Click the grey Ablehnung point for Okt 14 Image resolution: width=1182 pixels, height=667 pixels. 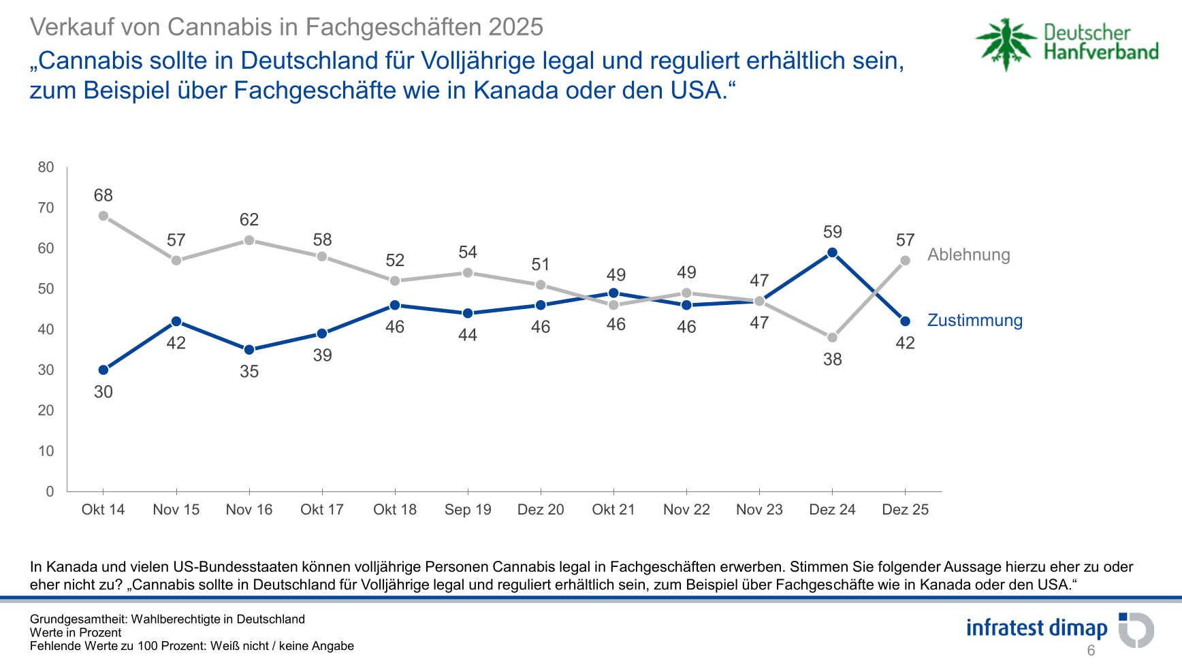point(103,216)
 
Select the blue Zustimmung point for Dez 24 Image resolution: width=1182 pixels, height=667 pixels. point(832,253)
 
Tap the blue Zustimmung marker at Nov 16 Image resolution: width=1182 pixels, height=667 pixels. point(249,350)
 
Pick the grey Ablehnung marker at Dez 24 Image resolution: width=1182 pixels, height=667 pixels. point(832,338)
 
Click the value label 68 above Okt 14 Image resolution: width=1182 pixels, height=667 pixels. point(103,195)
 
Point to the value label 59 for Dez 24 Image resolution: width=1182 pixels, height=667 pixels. point(832,232)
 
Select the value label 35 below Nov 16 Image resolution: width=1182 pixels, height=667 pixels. point(249,372)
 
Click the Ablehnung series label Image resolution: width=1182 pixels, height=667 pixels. point(968,255)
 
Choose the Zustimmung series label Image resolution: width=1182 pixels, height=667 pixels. point(974,321)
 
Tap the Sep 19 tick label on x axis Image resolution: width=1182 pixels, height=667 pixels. point(468,510)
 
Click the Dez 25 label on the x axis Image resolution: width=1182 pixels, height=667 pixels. point(905,510)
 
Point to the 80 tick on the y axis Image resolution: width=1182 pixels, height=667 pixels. point(46,167)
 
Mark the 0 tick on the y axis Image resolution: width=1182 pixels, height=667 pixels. point(50,491)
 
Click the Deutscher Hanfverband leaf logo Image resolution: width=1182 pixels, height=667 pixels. point(1005,44)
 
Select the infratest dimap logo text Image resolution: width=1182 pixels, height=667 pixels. point(1036,628)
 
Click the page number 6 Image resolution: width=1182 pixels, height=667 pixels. point(1091,651)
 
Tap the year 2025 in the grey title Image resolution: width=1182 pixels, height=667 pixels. point(515,27)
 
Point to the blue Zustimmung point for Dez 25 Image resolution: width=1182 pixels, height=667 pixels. point(905,321)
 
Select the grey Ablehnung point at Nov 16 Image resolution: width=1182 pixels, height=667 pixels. point(249,240)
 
